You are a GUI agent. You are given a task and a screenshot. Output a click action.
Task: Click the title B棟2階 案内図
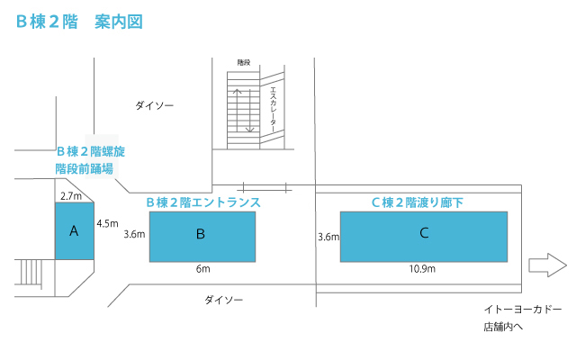pyautogui.click(x=79, y=22)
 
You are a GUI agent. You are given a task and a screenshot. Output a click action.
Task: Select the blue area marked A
pyautogui.click(x=75, y=231)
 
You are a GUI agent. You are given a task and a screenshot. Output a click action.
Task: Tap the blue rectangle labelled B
pyautogui.click(x=202, y=237)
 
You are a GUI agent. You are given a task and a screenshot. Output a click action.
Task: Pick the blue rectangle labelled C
pyautogui.click(x=424, y=237)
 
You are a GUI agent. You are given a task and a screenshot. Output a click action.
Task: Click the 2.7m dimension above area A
pyautogui.click(x=71, y=196)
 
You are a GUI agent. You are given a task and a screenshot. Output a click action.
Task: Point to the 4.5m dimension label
pyautogui.click(x=107, y=223)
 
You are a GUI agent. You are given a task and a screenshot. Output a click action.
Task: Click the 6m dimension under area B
pyautogui.click(x=202, y=269)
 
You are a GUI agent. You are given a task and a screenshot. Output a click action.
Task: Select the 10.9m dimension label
pyautogui.click(x=422, y=269)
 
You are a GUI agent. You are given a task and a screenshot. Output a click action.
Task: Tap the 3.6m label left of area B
pyautogui.click(x=134, y=234)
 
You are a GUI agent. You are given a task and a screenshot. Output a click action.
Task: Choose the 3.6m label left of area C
pyautogui.click(x=328, y=237)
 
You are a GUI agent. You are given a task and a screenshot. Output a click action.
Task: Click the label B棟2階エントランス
pyautogui.click(x=203, y=202)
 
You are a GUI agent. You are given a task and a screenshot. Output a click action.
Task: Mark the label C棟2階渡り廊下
pyautogui.click(x=418, y=202)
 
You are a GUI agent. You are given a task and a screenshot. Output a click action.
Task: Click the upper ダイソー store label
pyautogui.click(x=154, y=106)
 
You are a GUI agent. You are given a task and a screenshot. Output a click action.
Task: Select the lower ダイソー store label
pyautogui.click(x=224, y=300)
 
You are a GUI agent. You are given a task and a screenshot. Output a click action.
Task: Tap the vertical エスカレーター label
pyautogui.click(x=273, y=110)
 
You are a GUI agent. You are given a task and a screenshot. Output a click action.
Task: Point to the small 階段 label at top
pyautogui.click(x=244, y=62)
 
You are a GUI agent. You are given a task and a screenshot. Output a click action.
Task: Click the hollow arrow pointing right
pyautogui.click(x=547, y=265)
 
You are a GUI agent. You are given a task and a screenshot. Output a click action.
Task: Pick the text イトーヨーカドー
pyautogui.click(x=523, y=310)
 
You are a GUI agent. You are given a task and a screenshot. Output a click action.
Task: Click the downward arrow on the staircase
pyautogui.click(x=250, y=110)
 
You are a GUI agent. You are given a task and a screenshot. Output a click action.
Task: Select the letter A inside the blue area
pyautogui.click(x=74, y=231)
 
